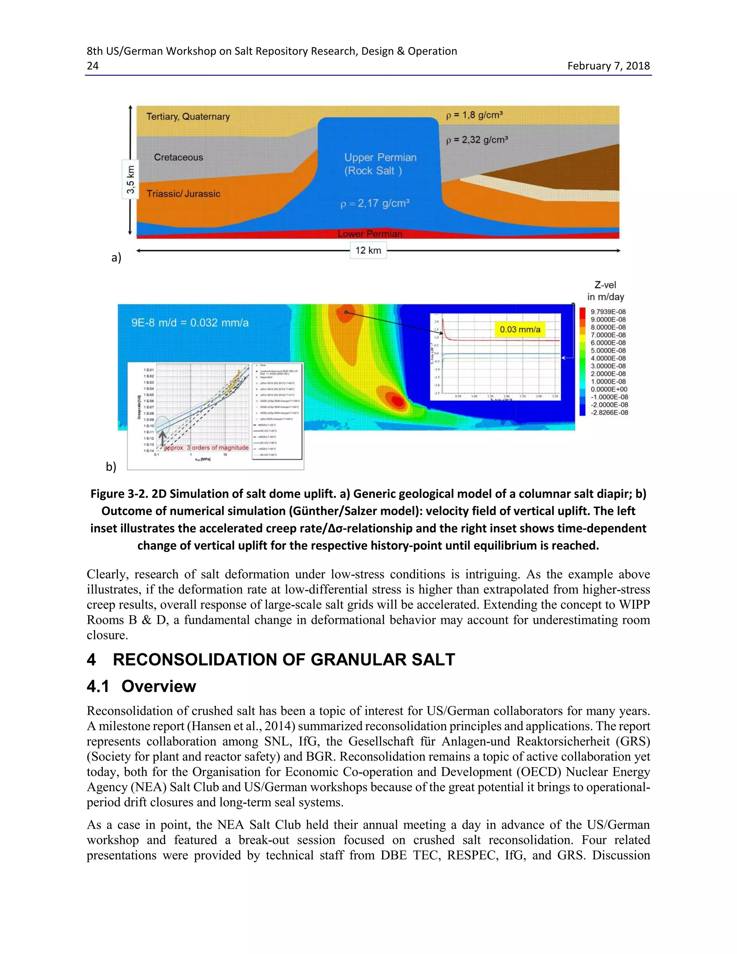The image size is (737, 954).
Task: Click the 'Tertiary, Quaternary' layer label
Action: click(188, 117)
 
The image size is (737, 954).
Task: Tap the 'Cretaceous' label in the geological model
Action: click(178, 157)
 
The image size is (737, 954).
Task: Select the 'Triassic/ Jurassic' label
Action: click(184, 194)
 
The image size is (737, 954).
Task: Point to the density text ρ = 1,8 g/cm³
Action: click(474, 115)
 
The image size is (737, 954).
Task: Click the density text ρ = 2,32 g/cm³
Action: click(477, 140)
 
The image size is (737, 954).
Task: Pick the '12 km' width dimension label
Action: click(368, 250)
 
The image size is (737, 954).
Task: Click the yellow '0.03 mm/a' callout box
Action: click(520, 329)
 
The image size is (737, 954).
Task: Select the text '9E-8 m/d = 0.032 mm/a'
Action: click(190, 323)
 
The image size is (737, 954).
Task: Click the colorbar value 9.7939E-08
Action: click(608, 312)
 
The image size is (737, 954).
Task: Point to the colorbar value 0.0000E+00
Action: click(609, 389)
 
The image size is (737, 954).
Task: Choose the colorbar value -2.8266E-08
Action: click(609, 412)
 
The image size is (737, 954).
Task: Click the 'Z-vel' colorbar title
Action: click(605, 285)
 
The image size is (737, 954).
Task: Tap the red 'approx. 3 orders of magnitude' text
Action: click(206, 448)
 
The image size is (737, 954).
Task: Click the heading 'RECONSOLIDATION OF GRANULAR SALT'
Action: click(284, 660)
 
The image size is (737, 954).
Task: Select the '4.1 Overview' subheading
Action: click(141, 686)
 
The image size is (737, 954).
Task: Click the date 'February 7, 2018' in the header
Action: click(608, 66)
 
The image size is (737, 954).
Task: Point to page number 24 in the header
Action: click(92, 66)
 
